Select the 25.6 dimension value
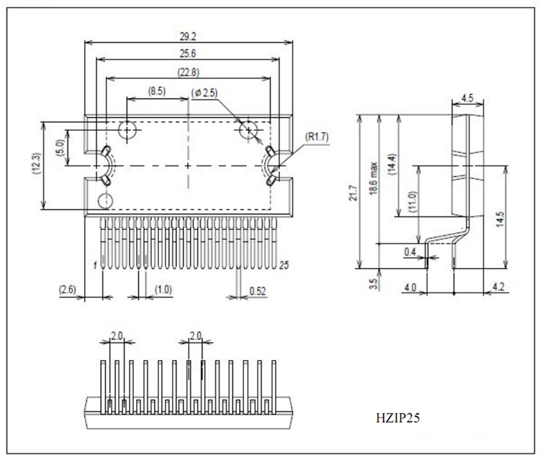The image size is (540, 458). (x=187, y=52)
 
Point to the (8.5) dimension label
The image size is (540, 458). (x=156, y=91)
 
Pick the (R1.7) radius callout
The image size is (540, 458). (x=317, y=137)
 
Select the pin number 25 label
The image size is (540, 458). (x=284, y=265)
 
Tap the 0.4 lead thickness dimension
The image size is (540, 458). (x=410, y=251)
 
